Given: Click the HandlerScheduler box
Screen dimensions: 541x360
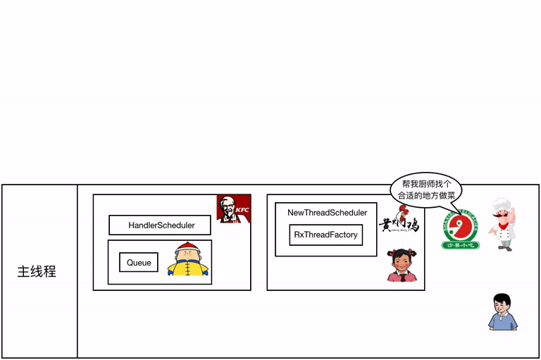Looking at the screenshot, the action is point(161,225).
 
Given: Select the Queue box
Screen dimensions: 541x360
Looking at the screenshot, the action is point(139,263).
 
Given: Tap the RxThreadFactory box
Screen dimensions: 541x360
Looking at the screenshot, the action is point(325,235).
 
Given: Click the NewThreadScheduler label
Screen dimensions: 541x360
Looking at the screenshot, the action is point(327,213).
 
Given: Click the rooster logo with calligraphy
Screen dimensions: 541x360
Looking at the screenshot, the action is point(399,221).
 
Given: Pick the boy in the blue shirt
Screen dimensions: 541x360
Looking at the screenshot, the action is point(502,311).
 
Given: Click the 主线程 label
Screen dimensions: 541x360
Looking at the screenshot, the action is point(37,271).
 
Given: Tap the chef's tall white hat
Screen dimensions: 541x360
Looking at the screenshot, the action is point(502,204).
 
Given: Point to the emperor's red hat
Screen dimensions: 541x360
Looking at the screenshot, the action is point(187,247).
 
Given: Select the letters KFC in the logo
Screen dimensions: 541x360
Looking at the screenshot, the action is point(242,209).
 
